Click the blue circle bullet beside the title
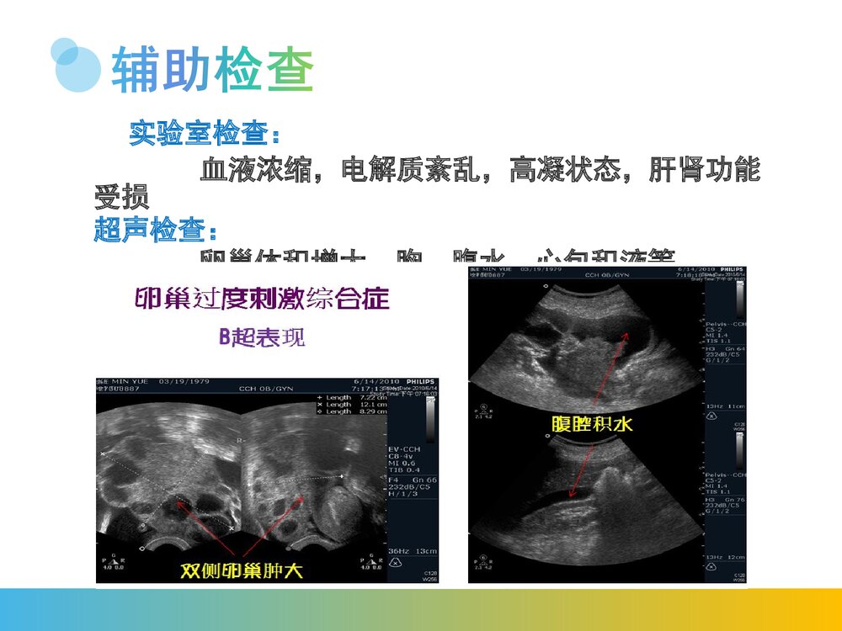pyautogui.click(x=77, y=65)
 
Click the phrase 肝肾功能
pyautogui.click(x=705, y=171)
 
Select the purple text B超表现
pyautogui.click(x=262, y=337)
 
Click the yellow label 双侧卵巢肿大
pyautogui.click(x=242, y=570)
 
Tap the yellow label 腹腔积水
pyautogui.click(x=592, y=425)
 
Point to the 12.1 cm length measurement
pyautogui.click(x=357, y=405)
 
